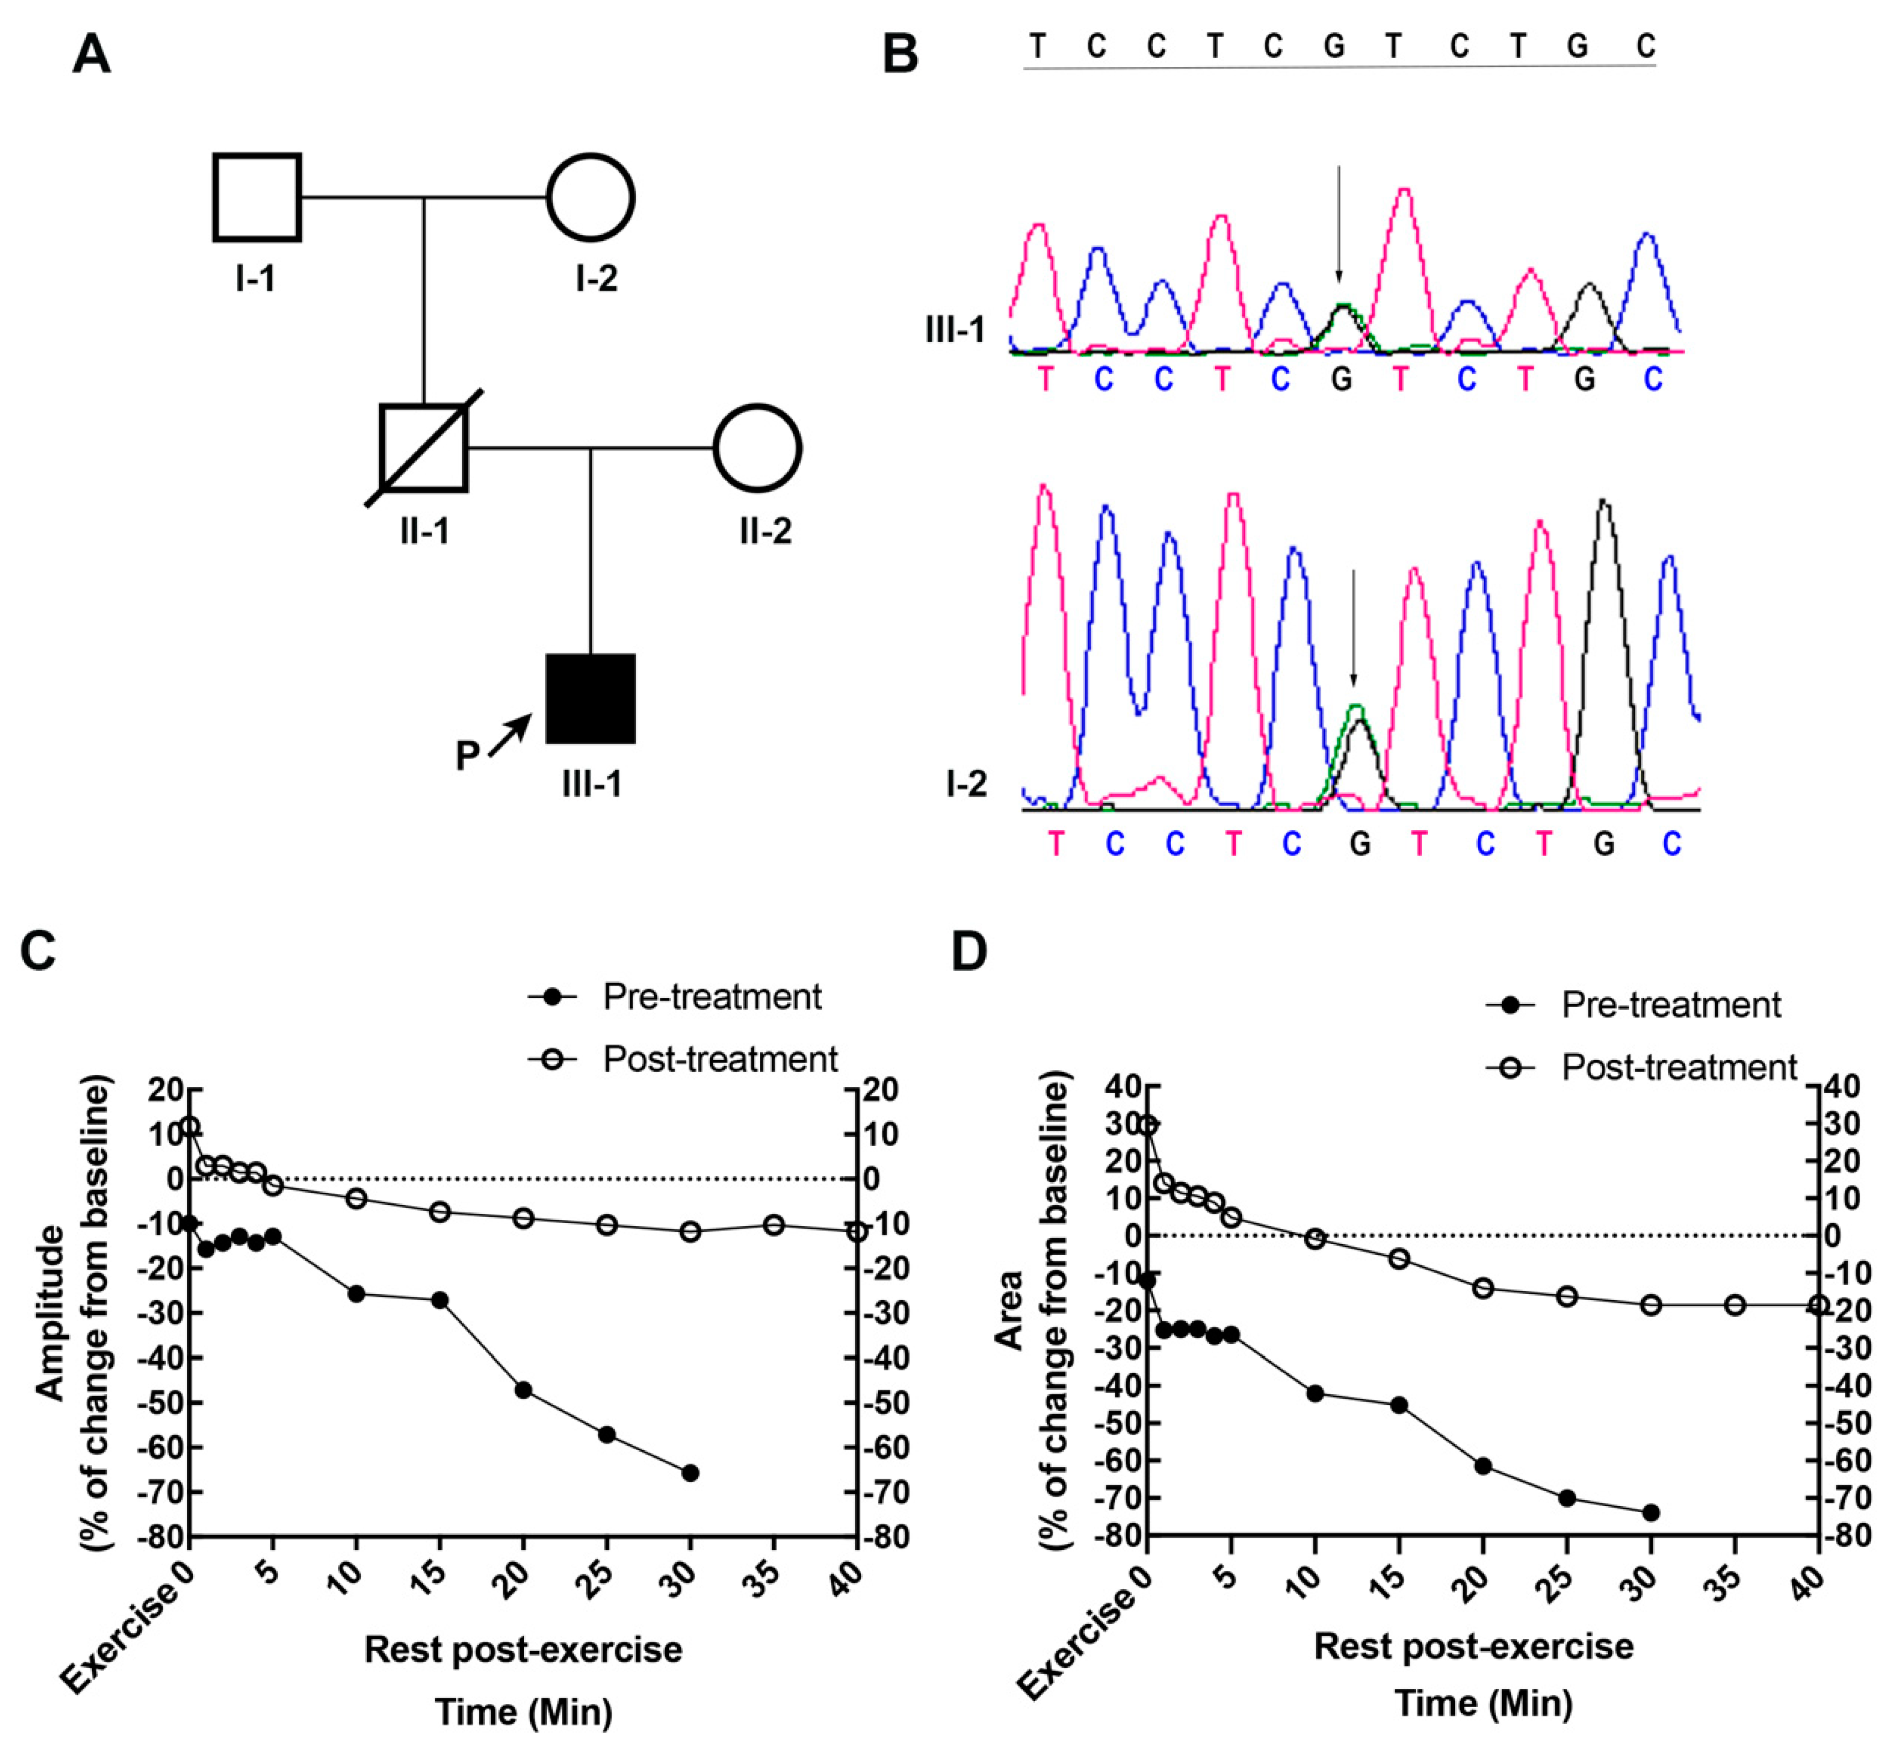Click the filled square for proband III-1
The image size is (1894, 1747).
click(590, 699)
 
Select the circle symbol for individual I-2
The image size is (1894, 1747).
click(590, 197)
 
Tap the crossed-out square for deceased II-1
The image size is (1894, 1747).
click(423, 448)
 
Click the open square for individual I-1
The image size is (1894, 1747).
click(257, 197)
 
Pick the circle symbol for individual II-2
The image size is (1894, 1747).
click(757, 448)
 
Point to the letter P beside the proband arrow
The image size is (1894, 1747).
click(468, 756)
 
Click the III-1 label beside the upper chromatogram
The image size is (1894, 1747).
click(955, 330)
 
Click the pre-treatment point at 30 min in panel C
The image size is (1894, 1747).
click(690, 1473)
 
